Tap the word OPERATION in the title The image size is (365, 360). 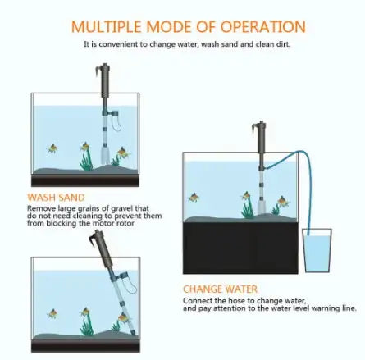[x=260, y=27]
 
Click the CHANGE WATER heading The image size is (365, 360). [x=220, y=289]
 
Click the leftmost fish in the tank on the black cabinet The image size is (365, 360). [x=194, y=198]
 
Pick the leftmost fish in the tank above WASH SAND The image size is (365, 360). [x=52, y=148]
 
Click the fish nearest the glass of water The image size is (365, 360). [x=283, y=201]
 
